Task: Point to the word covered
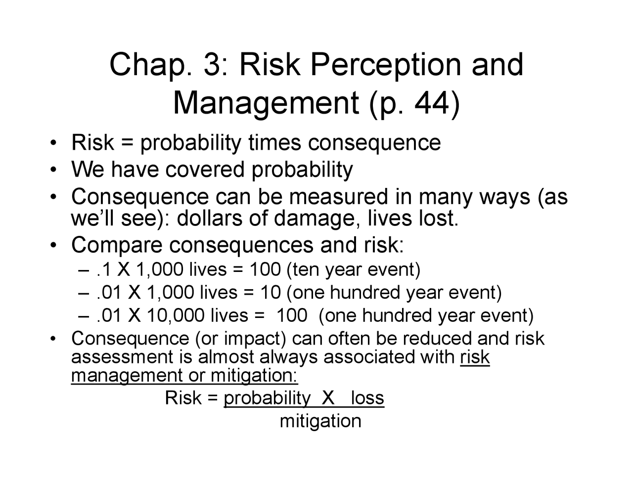tap(205, 170)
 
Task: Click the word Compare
tap(117, 245)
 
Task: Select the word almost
tap(226, 357)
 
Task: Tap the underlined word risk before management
tap(475, 357)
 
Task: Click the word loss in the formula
tap(367, 398)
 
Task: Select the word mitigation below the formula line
tap(320, 421)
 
